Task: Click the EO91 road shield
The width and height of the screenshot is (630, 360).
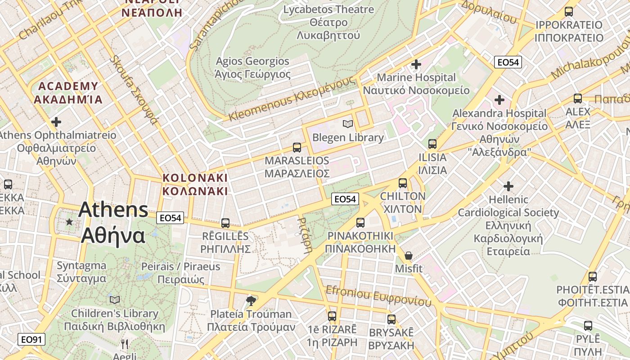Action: click(x=31, y=339)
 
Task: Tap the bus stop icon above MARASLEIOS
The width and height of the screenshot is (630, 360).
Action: click(x=297, y=147)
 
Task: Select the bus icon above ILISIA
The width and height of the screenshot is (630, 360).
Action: click(x=432, y=144)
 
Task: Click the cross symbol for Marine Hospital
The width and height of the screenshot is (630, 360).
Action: click(x=416, y=64)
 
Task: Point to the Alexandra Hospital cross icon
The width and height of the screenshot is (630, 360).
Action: click(x=499, y=100)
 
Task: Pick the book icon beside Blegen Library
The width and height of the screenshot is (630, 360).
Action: click(x=347, y=124)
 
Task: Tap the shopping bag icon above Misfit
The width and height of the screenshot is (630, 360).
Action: click(x=409, y=256)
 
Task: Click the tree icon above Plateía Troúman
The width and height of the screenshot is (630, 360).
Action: click(x=251, y=301)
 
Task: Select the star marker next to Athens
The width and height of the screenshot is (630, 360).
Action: click(x=69, y=222)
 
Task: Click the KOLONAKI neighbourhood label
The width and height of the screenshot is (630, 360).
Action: click(x=195, y=184)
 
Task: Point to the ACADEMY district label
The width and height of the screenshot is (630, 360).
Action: click(x=68, y=93)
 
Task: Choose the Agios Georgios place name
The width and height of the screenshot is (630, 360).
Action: click(x=252, y=67)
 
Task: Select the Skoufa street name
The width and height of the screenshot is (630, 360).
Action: click(x=134, y=90)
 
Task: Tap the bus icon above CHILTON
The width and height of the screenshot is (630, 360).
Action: click(x=403, y=183)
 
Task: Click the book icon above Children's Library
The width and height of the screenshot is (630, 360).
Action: click(x=115, y=300)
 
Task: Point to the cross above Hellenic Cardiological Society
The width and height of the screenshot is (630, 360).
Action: click(x=508, y=186)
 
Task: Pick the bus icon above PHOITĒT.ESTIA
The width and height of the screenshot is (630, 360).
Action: click(x=593, y=277)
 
